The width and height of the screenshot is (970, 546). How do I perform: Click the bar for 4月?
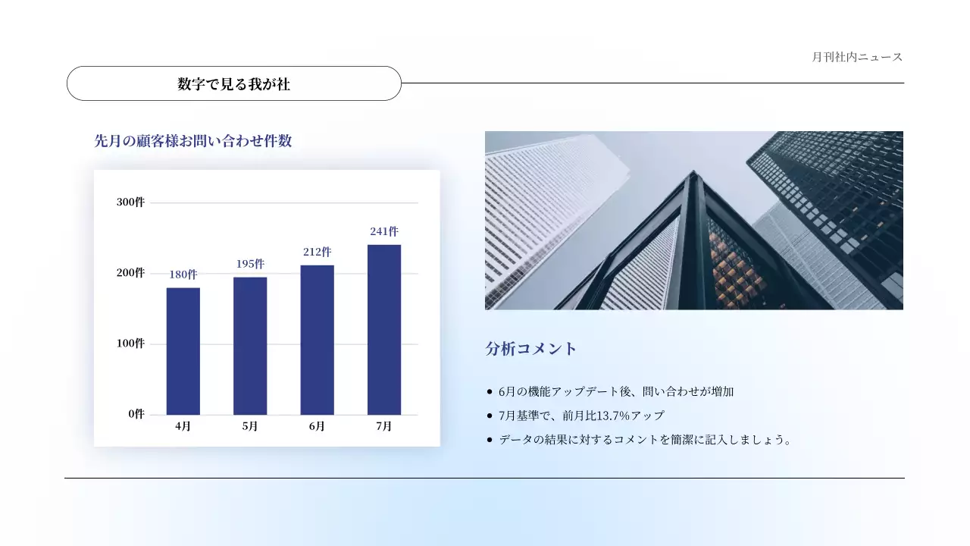tap(183, 351)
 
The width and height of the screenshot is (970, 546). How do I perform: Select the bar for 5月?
tap(250, 346)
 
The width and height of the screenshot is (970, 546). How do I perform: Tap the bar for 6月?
tap(317, 340)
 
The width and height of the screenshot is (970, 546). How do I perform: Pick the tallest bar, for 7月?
tap(384, 330)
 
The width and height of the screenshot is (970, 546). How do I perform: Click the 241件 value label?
tap(384, 231)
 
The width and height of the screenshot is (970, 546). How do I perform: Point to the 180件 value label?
tap(183, 275)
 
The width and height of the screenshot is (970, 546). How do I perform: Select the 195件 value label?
tap(250, 264)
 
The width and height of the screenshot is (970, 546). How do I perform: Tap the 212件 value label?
tap(317, 252)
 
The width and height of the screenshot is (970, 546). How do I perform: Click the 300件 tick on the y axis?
tap(130, 202)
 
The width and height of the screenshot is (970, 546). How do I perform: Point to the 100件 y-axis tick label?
tap(130, 344)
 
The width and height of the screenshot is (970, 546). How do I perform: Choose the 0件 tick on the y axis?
tap(136, 414)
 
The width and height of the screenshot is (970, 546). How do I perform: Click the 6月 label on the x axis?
tap(317, 426)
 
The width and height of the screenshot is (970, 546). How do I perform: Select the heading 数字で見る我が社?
tap(234, 84)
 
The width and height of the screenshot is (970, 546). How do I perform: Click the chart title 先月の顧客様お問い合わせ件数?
tap(193, 141)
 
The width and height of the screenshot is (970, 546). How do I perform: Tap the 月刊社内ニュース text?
tap(857, 57)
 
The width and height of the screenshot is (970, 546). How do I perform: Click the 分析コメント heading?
tap(531, 349)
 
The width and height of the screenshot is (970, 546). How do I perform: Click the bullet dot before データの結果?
tap(490, 440)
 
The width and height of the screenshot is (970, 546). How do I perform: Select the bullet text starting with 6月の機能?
tap(616, 392)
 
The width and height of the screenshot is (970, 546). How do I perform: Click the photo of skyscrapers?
tap(693, 220)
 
